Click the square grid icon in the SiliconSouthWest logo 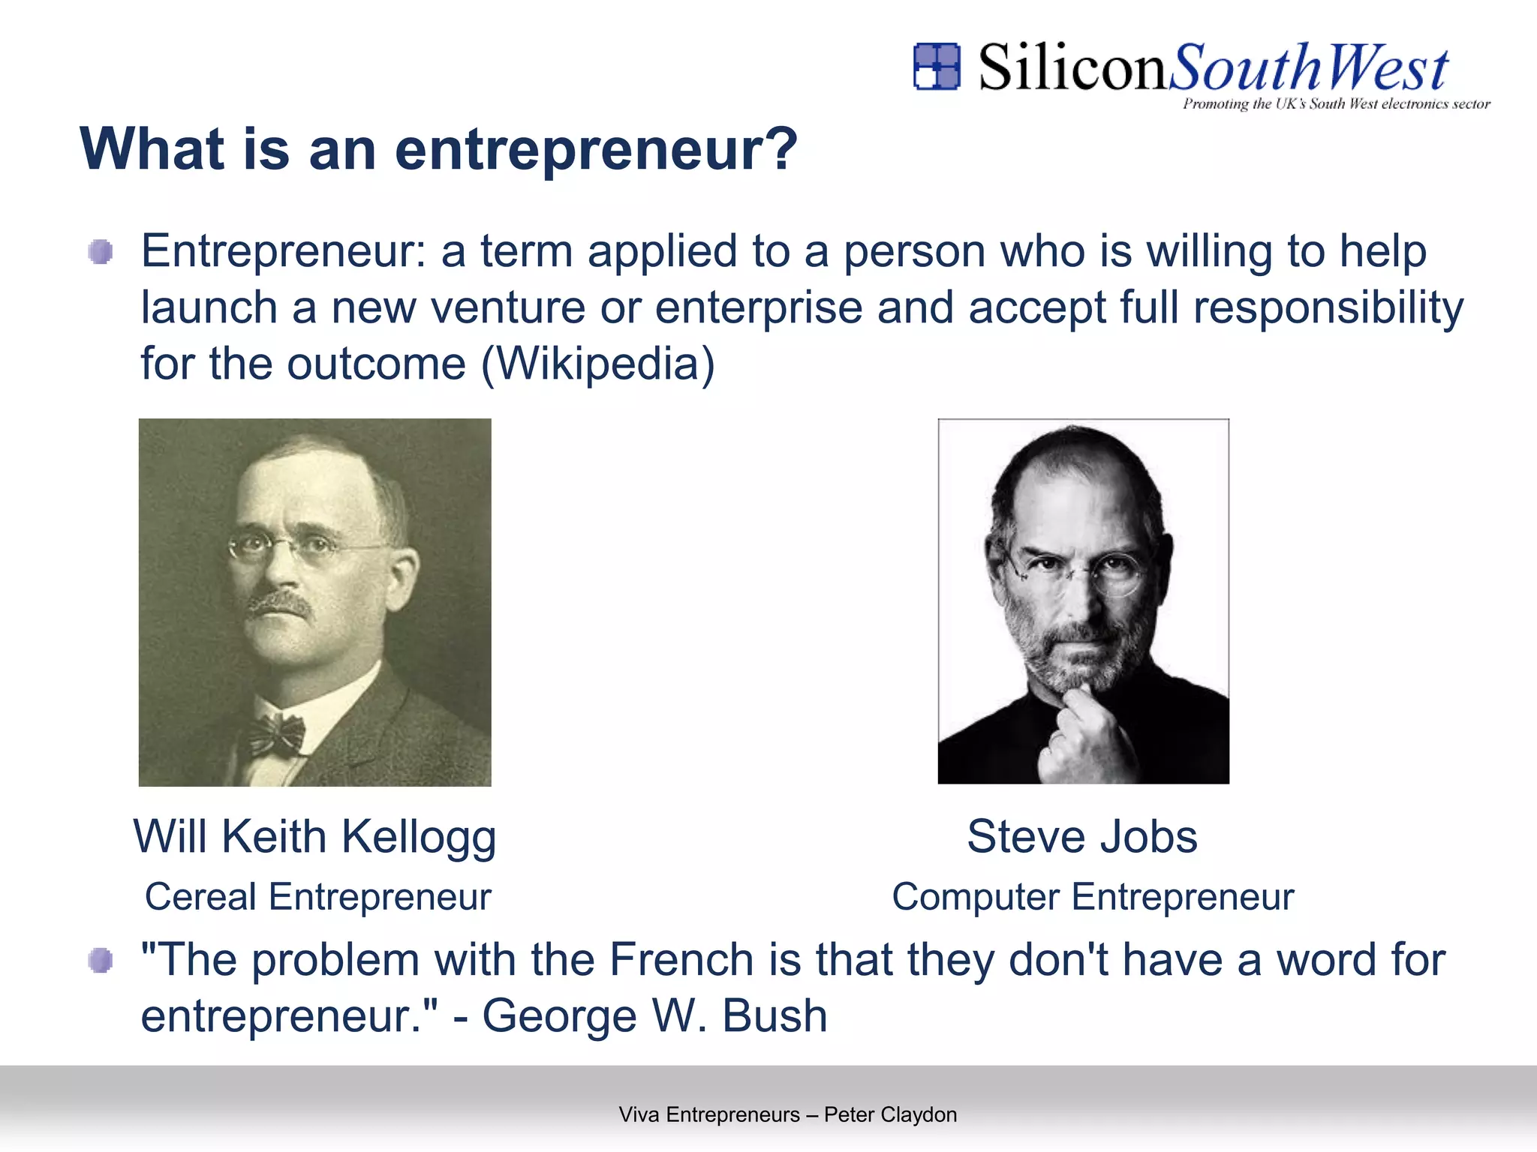coord(936,66)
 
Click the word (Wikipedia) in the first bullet coord(597,364)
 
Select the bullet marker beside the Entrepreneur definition coord(101,252)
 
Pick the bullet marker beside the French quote coord(101,960)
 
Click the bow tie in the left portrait coord(276,733)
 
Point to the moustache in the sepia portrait coord(278,604)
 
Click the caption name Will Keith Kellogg coord(314,836)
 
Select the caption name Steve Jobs coord(1081,836)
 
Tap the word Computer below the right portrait coord(975,898)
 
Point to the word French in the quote coord(681,959)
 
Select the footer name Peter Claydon coord(890,1114)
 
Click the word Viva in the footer coord(639,1114)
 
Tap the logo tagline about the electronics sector coord(1336,104)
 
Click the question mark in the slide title coord(783,148)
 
